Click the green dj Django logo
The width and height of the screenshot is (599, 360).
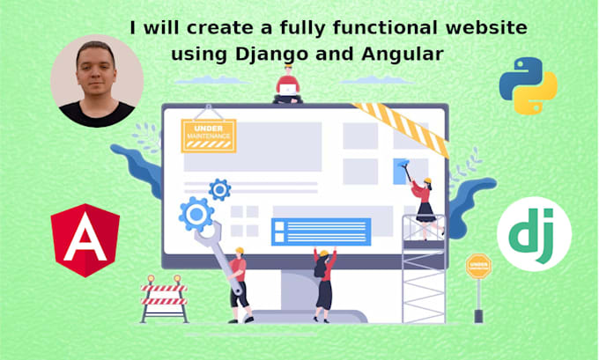[534, 234]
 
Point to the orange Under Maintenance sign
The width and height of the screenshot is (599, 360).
[208, 135]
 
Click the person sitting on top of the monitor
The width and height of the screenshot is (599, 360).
[286, 87]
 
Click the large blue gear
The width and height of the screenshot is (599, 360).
[196, 213]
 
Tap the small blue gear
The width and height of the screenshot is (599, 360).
[219, 188]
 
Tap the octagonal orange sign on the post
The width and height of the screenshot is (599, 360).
[479, 265]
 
